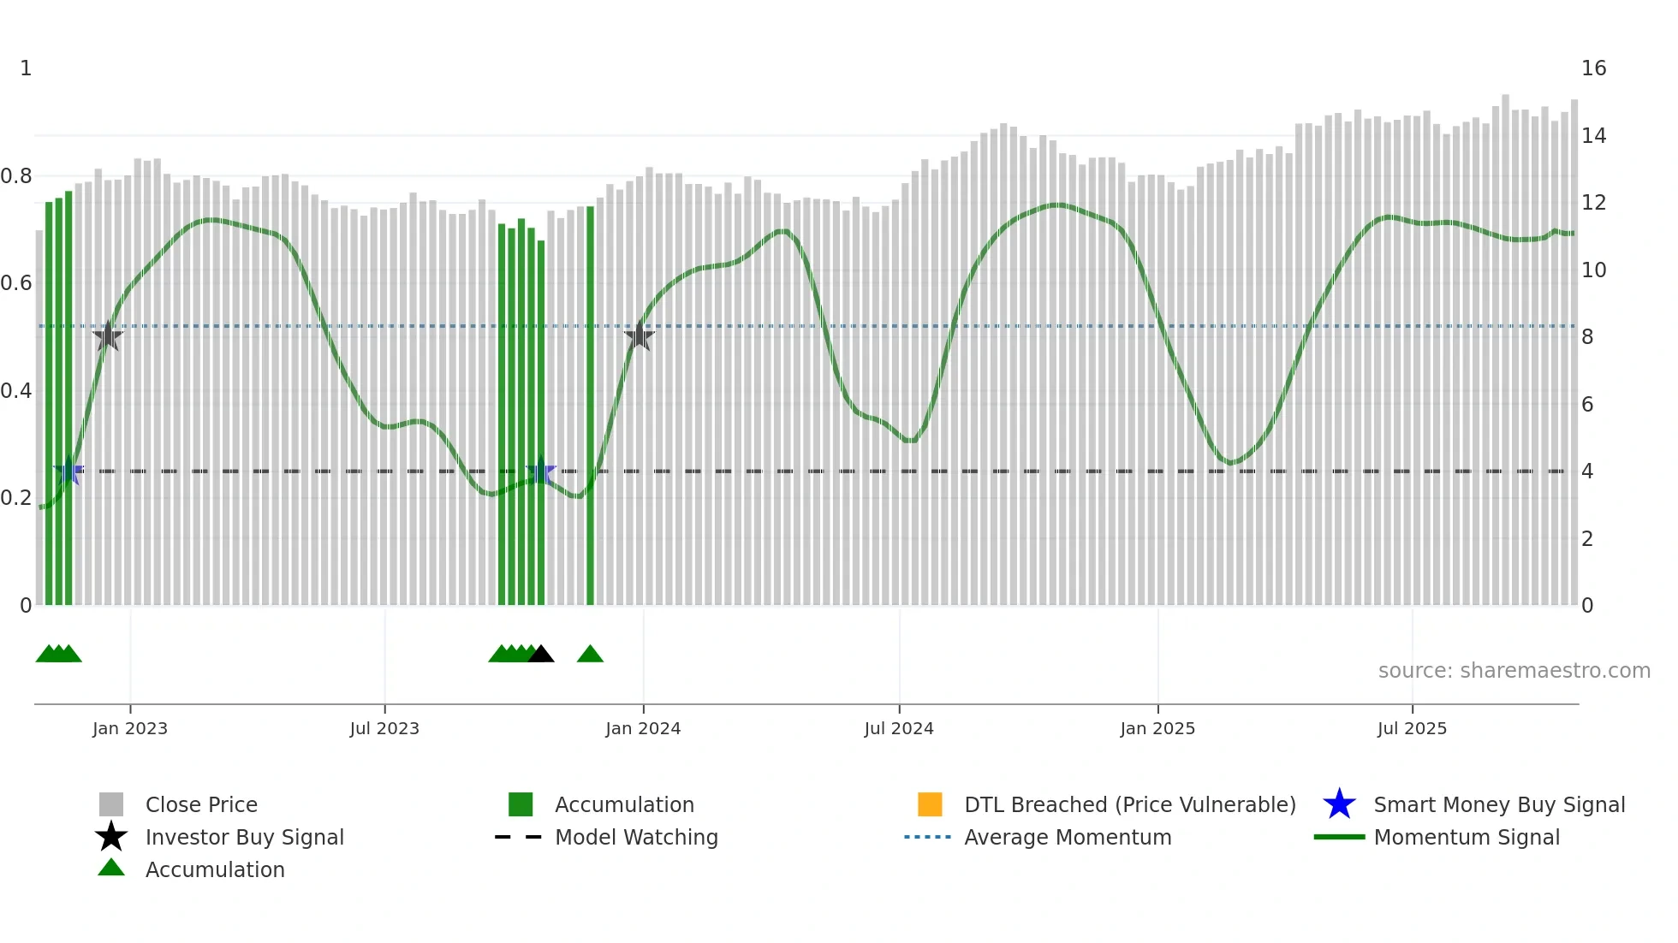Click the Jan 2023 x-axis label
coord(130,729)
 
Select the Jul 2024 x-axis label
coord(899,729)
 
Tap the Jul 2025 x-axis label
coord(1412,729)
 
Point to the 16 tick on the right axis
coord(1593,68)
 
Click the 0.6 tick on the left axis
coord(17,283)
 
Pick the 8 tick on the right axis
coord(1587,337)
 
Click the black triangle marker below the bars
coord(541,655)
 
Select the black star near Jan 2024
coord(639,336)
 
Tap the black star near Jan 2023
coord(108,336)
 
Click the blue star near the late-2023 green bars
coord(541,471)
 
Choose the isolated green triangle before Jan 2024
coord(590,655)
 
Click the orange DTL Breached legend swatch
coord(930,804)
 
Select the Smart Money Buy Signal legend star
coord(1339,804)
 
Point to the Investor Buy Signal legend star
coord(111,837)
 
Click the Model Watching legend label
coord(636,837)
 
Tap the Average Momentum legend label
coord(1068,837)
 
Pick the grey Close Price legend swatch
coord(111,804)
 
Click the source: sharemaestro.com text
coord(1514,671)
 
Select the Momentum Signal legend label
coord(1467,837)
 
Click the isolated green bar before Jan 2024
coord(590,406)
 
